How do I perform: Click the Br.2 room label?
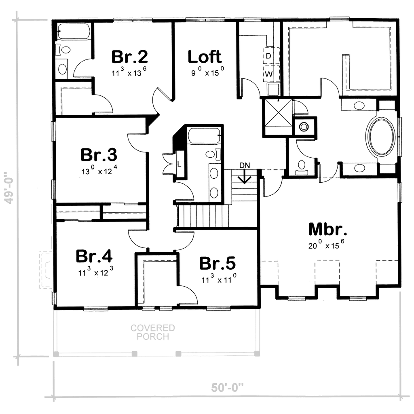129,57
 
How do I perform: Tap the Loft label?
205,57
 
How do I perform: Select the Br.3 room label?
99,155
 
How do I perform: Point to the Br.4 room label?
94,256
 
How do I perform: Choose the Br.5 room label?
217,263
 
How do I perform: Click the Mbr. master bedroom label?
327,229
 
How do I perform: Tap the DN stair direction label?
245,165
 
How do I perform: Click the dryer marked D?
271,56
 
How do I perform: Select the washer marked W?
271,74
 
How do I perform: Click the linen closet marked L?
179,164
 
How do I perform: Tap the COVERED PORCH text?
153,332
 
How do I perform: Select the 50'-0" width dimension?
227,388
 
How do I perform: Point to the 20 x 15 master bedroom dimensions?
326,245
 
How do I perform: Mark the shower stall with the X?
277,118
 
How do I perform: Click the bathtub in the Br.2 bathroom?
74,32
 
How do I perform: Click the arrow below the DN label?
245,176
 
